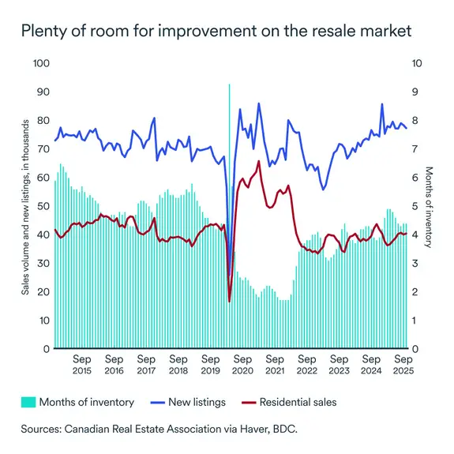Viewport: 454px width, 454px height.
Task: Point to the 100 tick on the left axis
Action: click(x=39, y=63)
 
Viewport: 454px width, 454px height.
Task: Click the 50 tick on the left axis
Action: click(x=42, y=206)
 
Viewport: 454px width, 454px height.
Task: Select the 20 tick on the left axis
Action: click(x=42, y=291)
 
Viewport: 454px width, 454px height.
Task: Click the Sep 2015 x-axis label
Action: click(x=81, y=364)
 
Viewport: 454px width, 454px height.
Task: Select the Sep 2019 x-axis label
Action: click(x=210, y=364)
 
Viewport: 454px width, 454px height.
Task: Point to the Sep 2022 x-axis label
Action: click(x=306, y=364)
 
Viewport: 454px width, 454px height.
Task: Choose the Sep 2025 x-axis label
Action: click(x=403, y=364)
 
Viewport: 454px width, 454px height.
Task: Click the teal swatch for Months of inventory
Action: click(x=29, y=402)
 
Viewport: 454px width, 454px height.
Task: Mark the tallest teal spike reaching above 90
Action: click(x=229, y=87)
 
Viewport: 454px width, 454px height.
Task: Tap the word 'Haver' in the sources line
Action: click(x=245, y=431)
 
